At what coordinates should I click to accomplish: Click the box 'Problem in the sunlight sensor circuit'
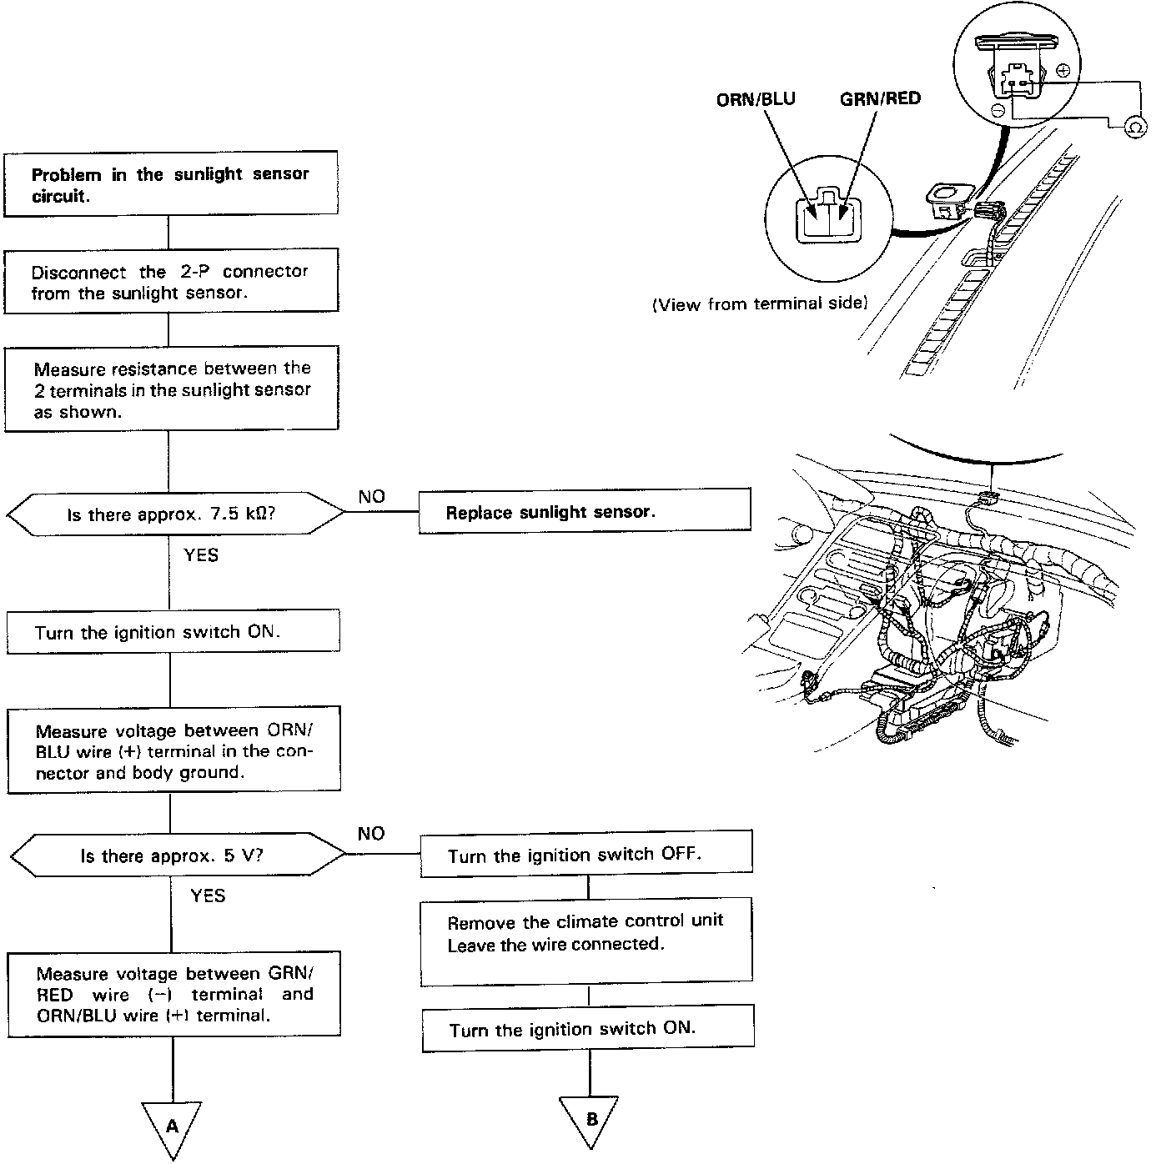coord(171,184)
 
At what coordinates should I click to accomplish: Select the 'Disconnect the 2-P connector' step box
coord(171,281)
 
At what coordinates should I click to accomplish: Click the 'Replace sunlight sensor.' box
coord(584,511)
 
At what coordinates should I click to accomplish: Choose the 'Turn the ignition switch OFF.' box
coord(586,855)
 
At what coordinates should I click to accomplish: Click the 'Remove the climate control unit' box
coord(586,941)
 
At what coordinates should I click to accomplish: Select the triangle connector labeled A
coord(173,1126)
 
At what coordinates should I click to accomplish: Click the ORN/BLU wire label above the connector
coord(756,99)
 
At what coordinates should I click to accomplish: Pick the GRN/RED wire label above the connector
coord(880,99)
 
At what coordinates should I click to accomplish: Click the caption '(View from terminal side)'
coord(760,304)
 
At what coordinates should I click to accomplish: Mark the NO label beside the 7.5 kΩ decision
coord(372,497)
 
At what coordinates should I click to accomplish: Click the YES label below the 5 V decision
coord(208,896)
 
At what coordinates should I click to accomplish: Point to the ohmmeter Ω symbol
coord(1134,126)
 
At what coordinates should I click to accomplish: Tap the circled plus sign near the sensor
coord(1063,72)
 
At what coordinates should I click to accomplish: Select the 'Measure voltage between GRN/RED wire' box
coord(174,994)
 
